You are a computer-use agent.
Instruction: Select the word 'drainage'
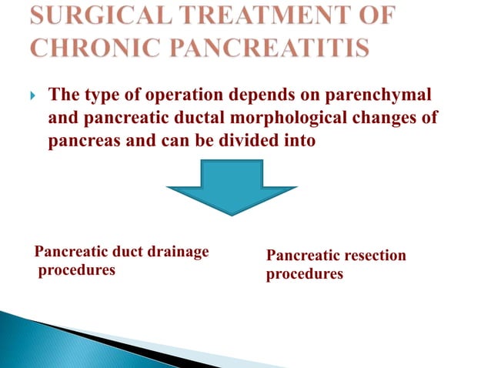[180, 251]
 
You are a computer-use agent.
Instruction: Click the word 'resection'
[373, 255]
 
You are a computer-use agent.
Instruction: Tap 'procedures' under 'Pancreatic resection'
[305, 273]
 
